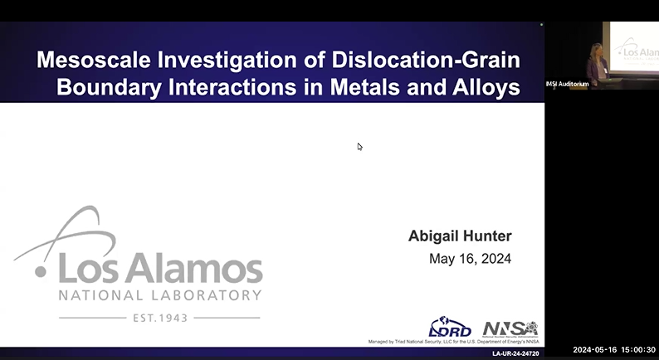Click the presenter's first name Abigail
coord(437,236)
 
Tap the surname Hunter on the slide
coord(490,236)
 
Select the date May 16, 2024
coord(470,259)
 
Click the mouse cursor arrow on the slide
coord(359,147)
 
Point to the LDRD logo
coord(449,328)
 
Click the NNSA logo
coord(510,328)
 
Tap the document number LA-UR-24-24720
coord(515,353)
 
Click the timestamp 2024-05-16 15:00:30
coord(614,349)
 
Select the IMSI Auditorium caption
coord(568,83)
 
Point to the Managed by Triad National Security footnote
coord(453,341)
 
